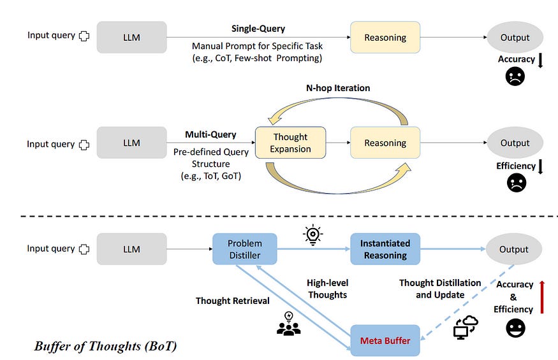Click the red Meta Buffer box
[385, 340]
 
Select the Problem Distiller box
[245, 249]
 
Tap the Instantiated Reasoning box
[385, 249]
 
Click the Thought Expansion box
[290, 143]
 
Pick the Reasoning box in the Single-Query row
[385, 37]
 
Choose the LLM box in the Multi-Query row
[131, 143]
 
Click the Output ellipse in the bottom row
[514, 249]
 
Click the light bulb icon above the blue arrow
[312, 234]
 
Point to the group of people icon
[288, 324]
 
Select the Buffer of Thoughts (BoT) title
[105, 347]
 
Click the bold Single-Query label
[258, 29]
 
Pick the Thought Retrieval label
[232, 300]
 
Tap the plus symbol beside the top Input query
[84, 36]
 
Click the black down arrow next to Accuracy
[540, 61]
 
